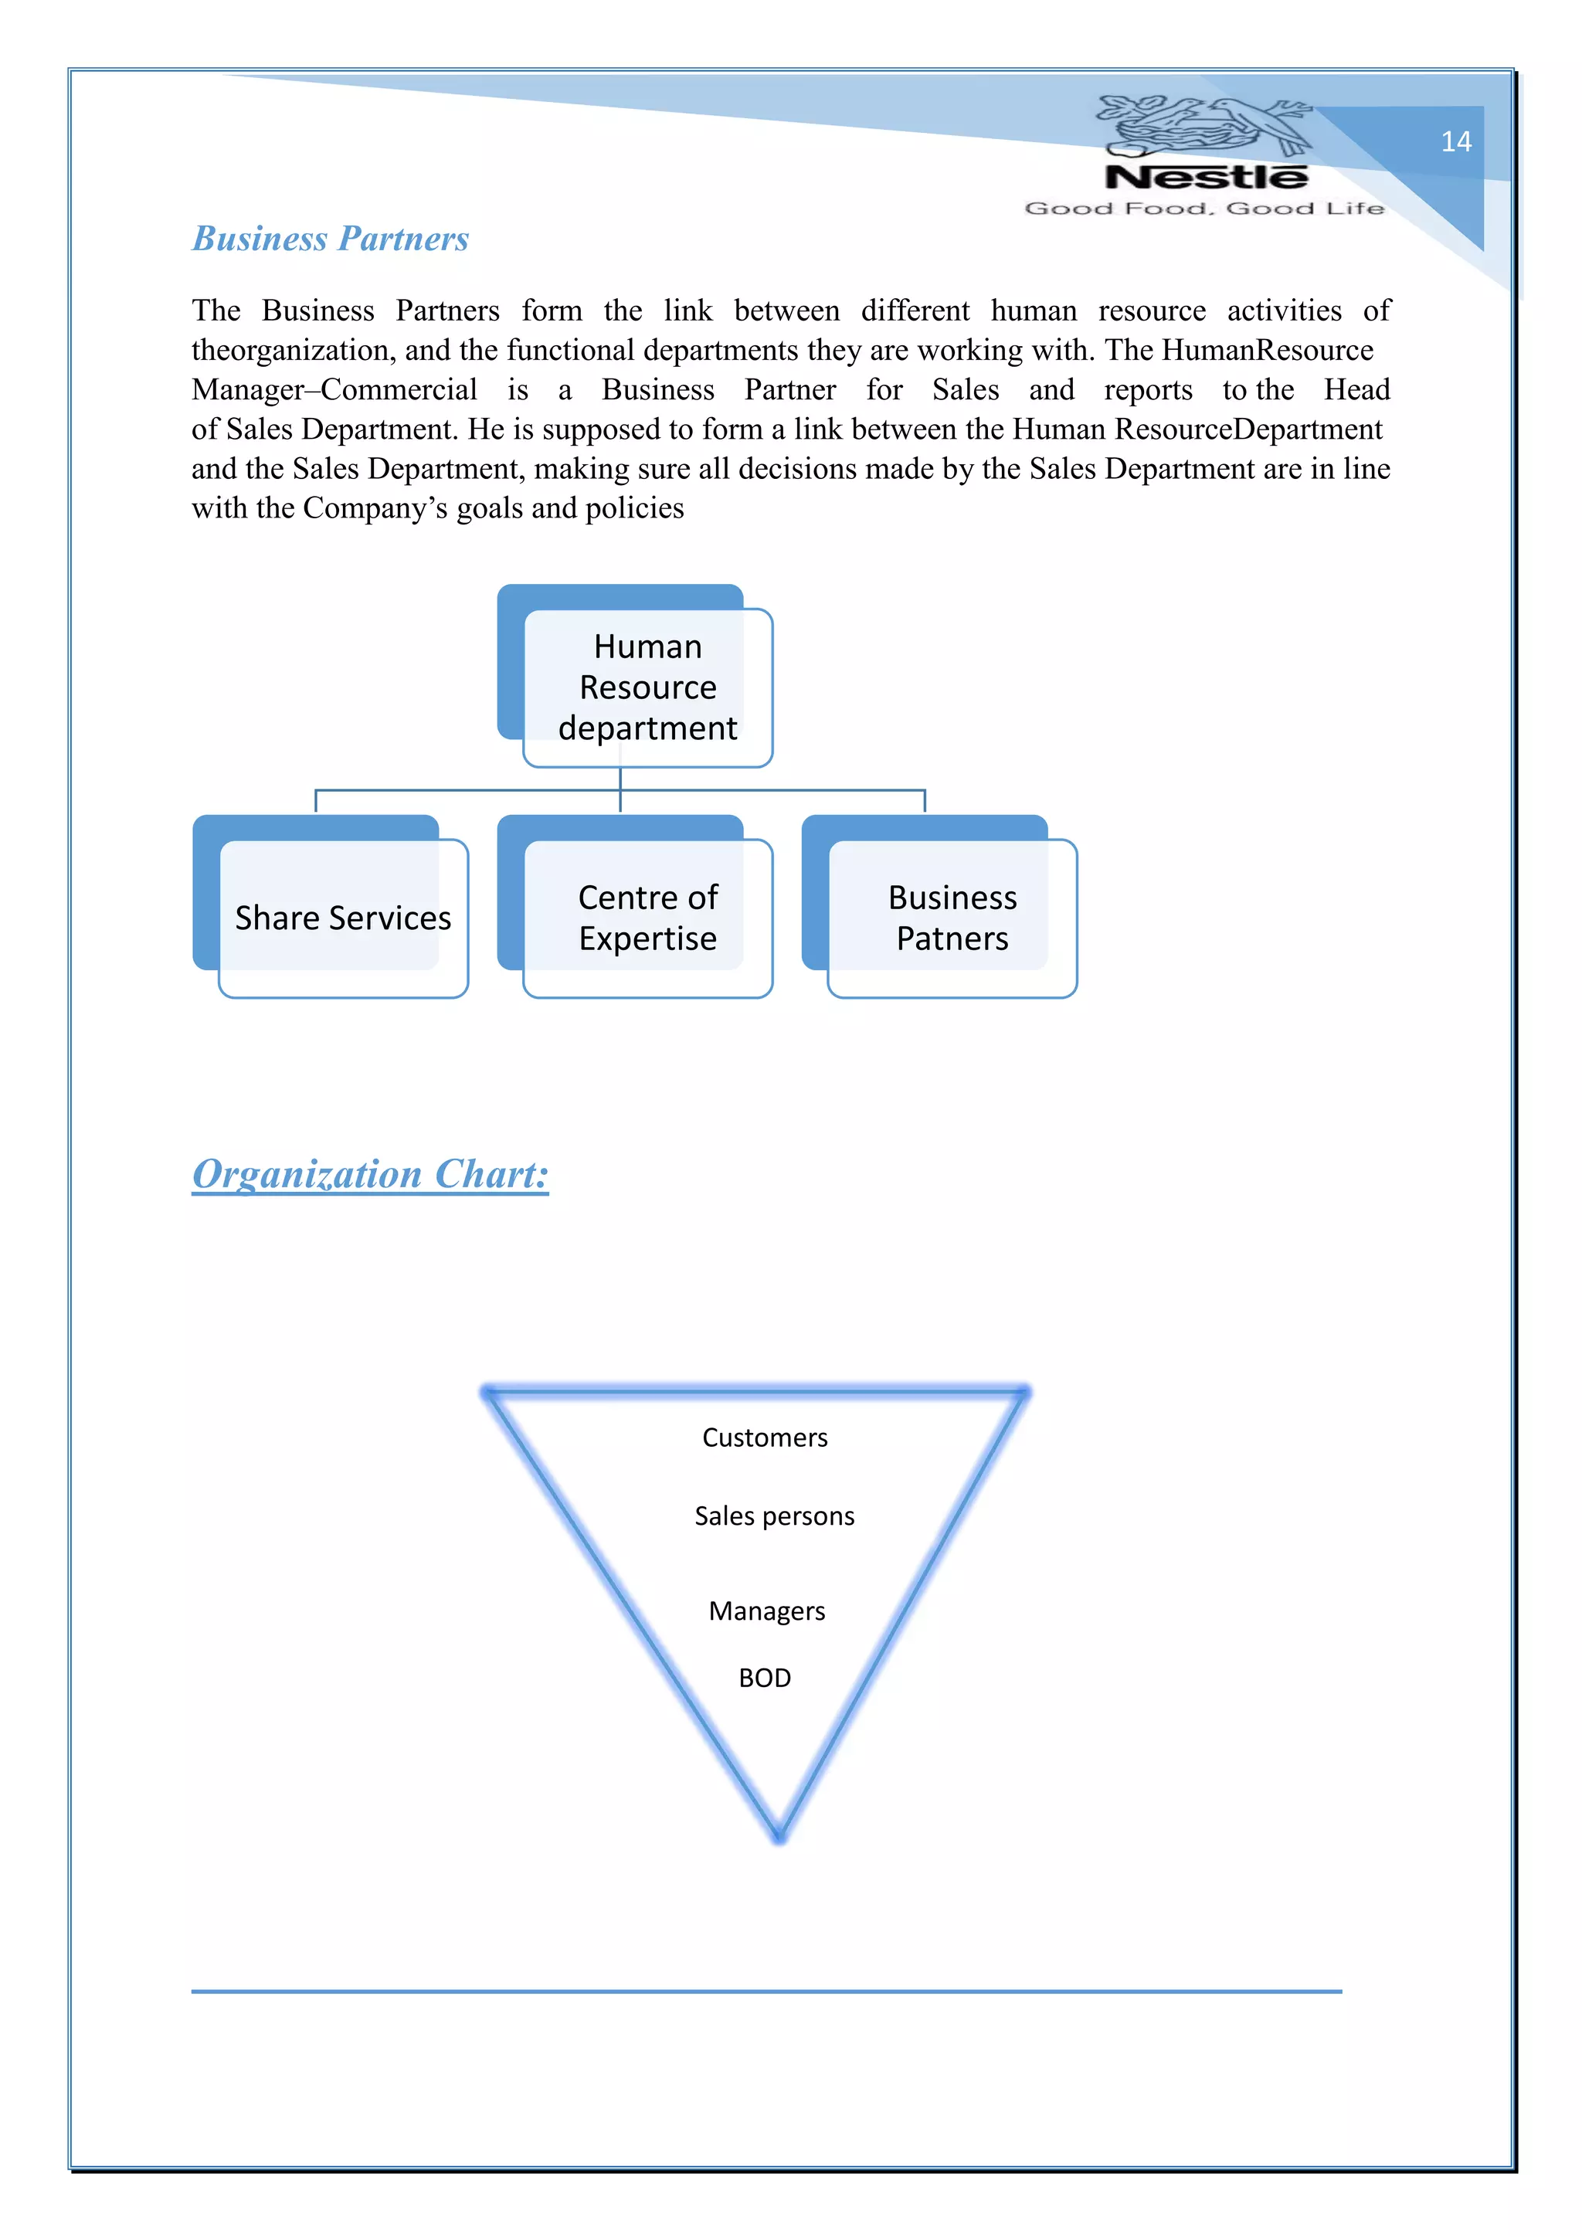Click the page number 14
click(x=1455, y=142)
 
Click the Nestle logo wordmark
click(x=1206, y=178)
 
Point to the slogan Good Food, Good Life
click(x=1204, y=209)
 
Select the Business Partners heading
click(x=331, y=239)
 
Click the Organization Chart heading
click(x=370, y=1174)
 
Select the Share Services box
click(x=343, y=918)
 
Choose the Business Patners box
click(x=952, y=918)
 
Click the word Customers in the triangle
click(x=765, y=1438)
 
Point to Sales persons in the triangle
click(x=775, y=1516)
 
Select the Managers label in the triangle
click(x=766, y=1611)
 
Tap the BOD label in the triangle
click(x=765, y=1678)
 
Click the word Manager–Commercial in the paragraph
click(x=334, y=390)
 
